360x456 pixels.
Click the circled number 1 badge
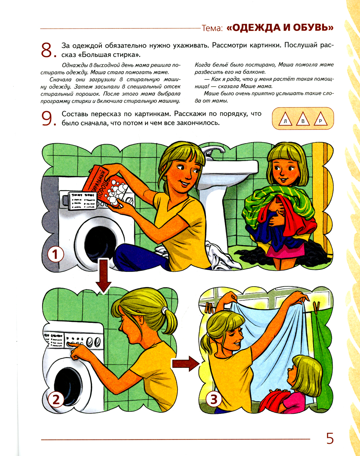[55, 255]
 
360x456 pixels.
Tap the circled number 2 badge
[56, 400]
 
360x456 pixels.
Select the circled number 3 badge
[214, 399]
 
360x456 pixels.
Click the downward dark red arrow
[103, 276]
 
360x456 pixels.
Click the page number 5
[330, 439]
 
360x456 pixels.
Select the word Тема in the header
[211, 28]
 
